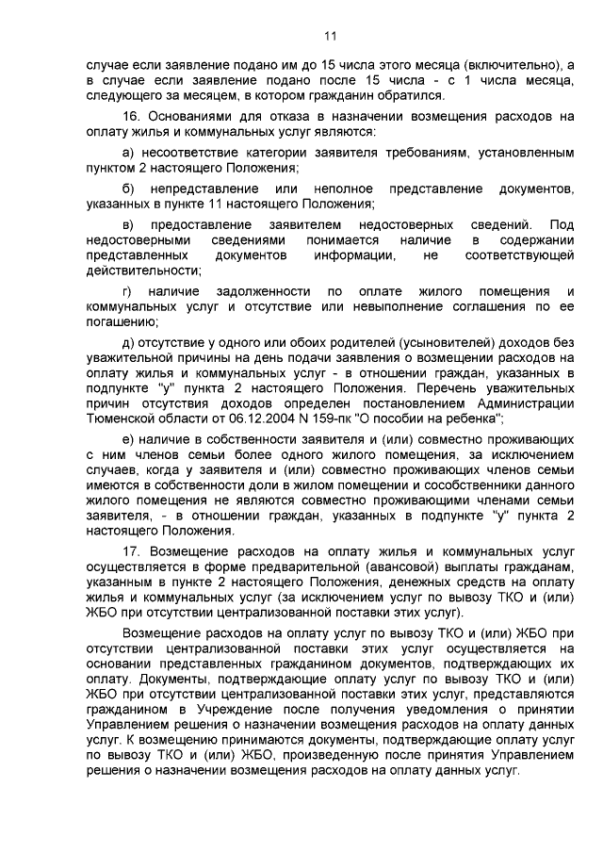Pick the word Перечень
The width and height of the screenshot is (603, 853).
(446, 388)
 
